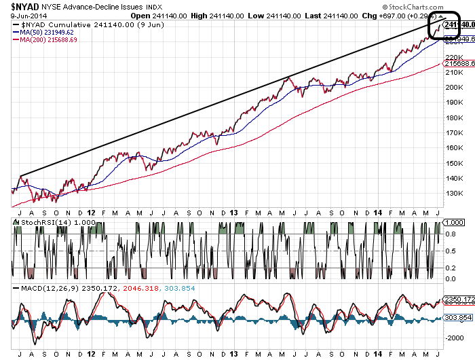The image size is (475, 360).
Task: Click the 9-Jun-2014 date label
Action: point(20,15)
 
